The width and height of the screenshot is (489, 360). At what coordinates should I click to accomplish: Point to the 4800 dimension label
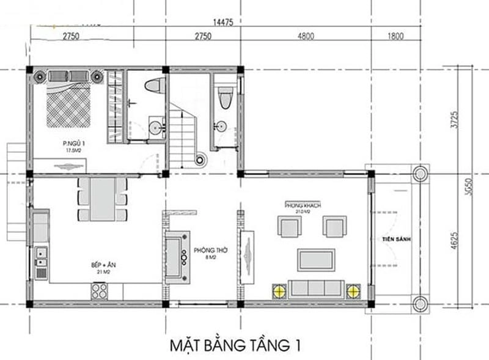pos(306,37)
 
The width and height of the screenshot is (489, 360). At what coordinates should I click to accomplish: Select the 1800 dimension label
pos(395,37)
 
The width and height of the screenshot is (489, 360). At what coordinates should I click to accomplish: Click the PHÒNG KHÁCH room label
pos(303,205)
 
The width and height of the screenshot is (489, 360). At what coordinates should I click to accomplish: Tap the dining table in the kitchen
pos(102,199)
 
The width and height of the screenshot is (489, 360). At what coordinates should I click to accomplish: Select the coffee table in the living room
pos(315,259)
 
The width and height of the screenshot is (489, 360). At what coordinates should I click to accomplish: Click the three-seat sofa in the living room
pos(316,288)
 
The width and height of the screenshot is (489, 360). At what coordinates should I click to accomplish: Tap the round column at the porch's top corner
pos(420,173)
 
